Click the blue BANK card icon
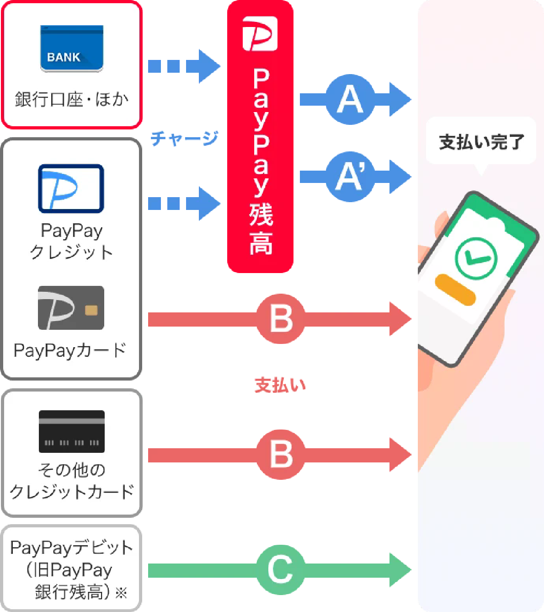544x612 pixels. tap(72, 48)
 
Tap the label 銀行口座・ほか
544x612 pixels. tap(72, 99)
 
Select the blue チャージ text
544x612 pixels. tap(184, 139)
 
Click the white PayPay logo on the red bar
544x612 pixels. tap(260, 33)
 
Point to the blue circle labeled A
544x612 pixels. tap(350, 99)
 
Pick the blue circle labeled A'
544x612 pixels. tap(350, 177)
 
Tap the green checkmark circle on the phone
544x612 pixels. tap(476, 259)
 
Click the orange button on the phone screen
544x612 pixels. tap(455, 290)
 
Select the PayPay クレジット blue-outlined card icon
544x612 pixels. tap(71, 189)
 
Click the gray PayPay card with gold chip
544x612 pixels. tap(71, 308)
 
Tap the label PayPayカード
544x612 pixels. tap(70, 351)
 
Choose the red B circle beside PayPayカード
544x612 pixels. tap(281, 319)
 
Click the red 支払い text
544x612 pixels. tap(280, 385)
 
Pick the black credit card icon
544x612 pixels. tap(72, 432)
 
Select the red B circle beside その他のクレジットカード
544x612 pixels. tap(281, 455)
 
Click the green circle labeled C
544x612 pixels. tap(281, 570)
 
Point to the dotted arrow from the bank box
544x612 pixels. tap(184, 66)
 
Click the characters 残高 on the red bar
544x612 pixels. tap(261, 229)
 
